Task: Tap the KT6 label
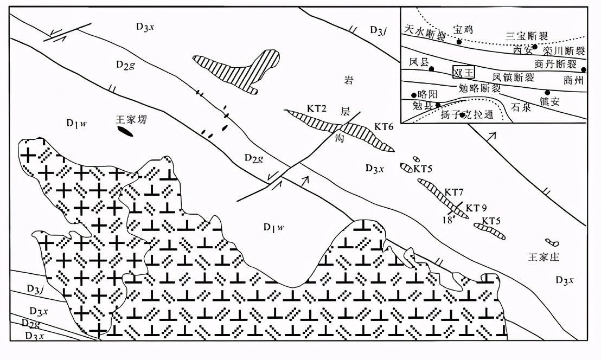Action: click(383, 126)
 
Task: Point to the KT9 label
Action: click(477, 207)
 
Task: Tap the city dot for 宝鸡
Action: click(459, 41)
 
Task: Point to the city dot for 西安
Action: click(535, 47)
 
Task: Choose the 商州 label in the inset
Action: click(574, 81)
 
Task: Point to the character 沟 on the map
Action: click(340, 137)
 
